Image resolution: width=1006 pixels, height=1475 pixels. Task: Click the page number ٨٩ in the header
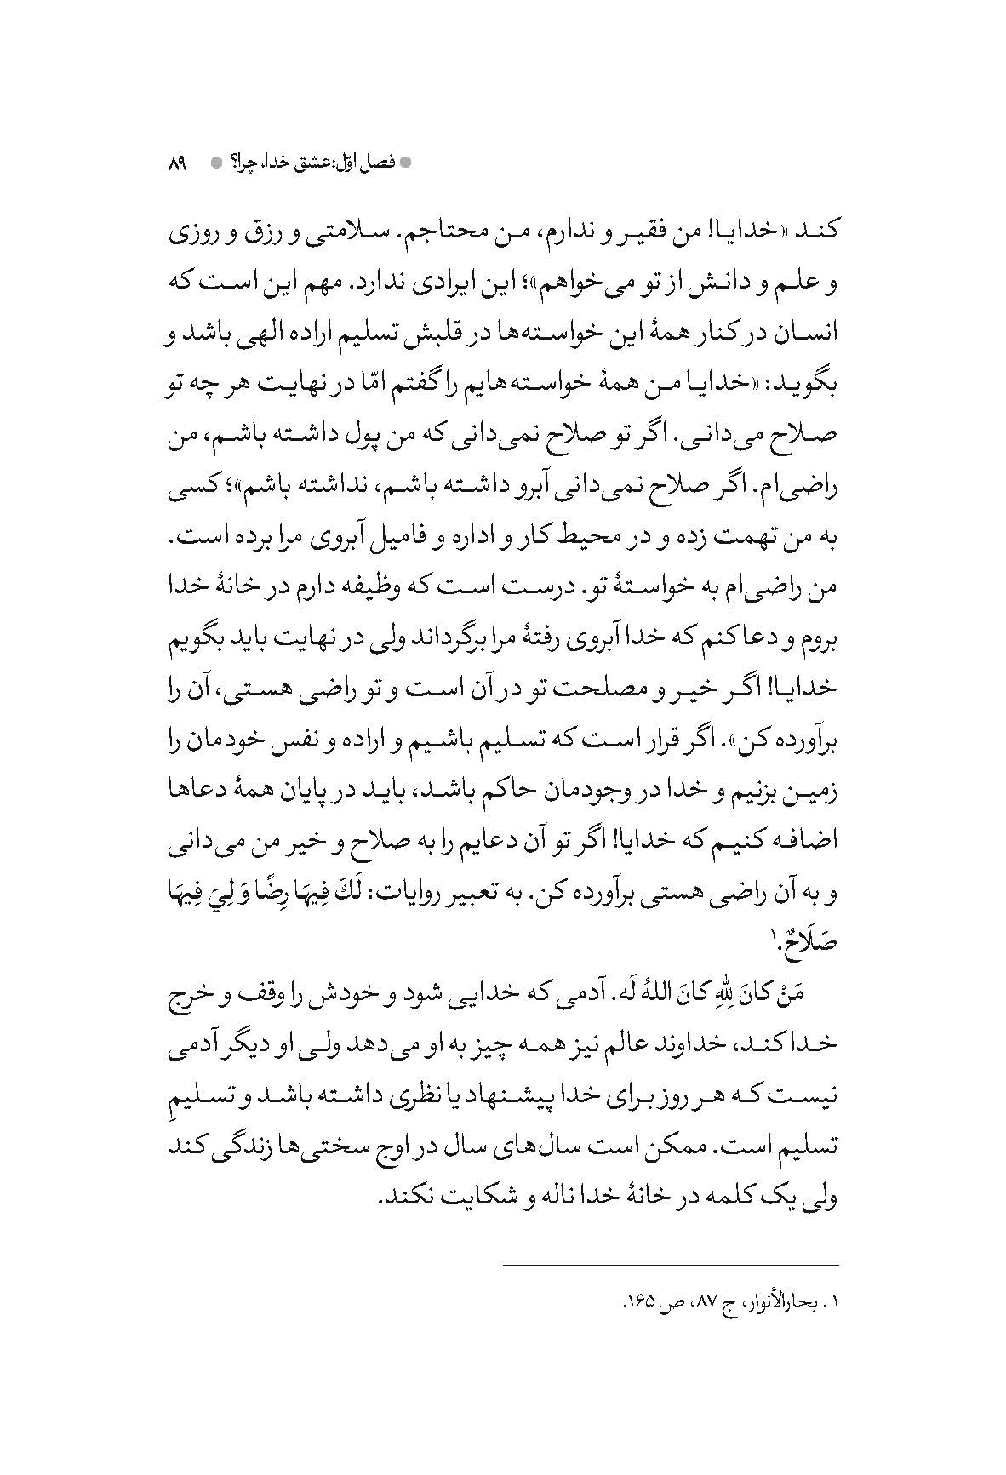178,161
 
